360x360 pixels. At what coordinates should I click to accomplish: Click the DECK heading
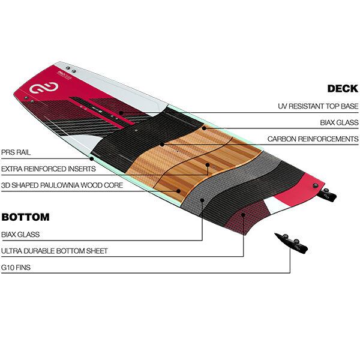coord(343,89)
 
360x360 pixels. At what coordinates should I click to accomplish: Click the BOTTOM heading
coord(25,217)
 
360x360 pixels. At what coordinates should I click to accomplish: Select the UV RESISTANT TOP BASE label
coord(317,106)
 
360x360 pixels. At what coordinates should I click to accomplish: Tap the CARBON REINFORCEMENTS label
coord(313,139)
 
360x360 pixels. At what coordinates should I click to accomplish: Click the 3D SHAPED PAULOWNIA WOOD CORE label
coord(62,185)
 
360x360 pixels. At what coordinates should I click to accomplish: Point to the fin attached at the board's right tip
coord(326,193)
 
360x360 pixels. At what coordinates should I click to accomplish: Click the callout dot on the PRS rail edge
coord(91,159)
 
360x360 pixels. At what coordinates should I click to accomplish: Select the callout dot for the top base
coord(121,112)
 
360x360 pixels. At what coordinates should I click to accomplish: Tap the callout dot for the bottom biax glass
coord(203,200)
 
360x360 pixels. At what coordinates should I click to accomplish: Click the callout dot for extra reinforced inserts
coord(208,164)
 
